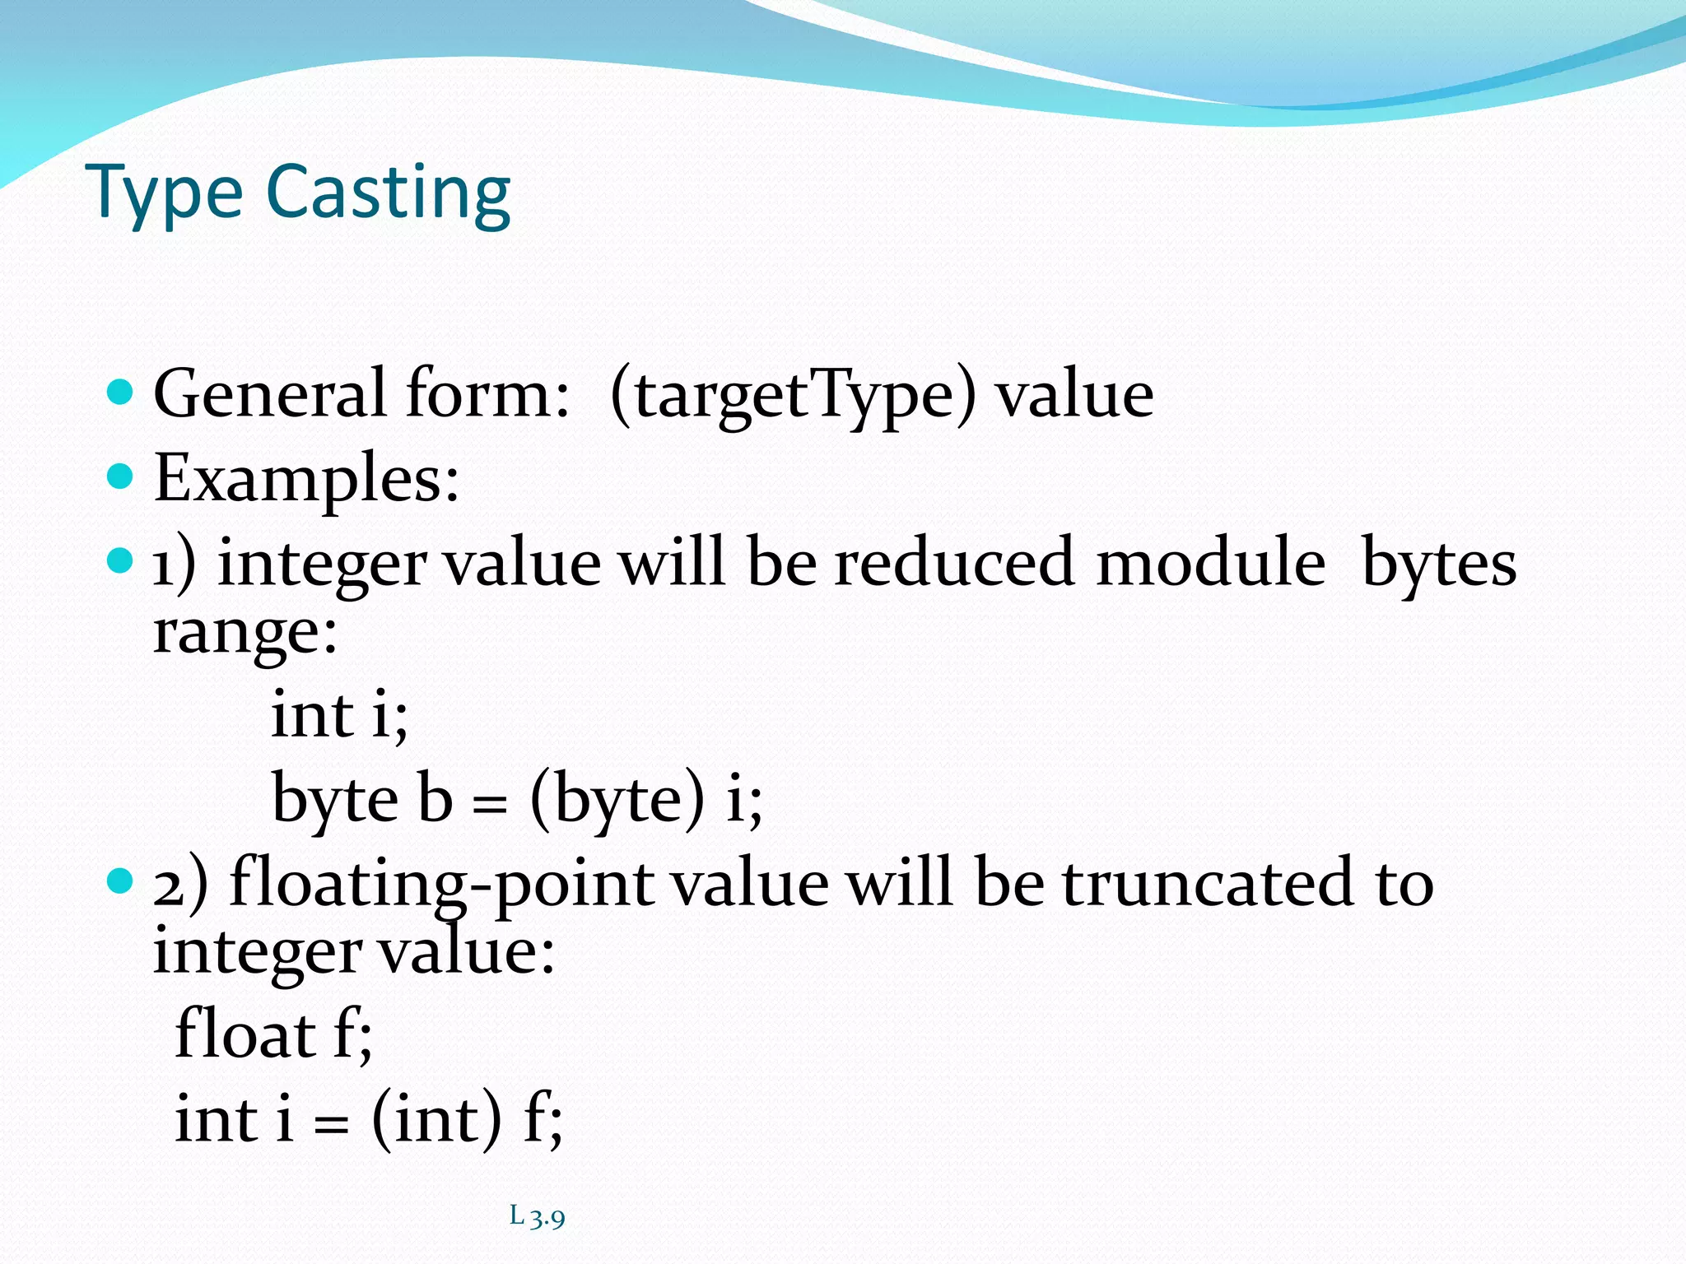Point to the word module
(x=1210, y=564)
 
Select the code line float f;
(x=274, y=1034)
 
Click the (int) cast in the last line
(x=435, y=1120)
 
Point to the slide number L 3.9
(x=537, y=1216)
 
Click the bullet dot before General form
(x=120, y=392)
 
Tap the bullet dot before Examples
(x=120, y=476)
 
